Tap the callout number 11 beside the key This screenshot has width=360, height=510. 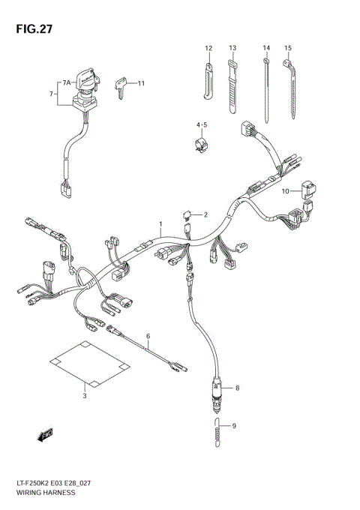click(x=140, y=82)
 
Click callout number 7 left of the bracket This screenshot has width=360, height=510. click(x=51, y=94)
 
